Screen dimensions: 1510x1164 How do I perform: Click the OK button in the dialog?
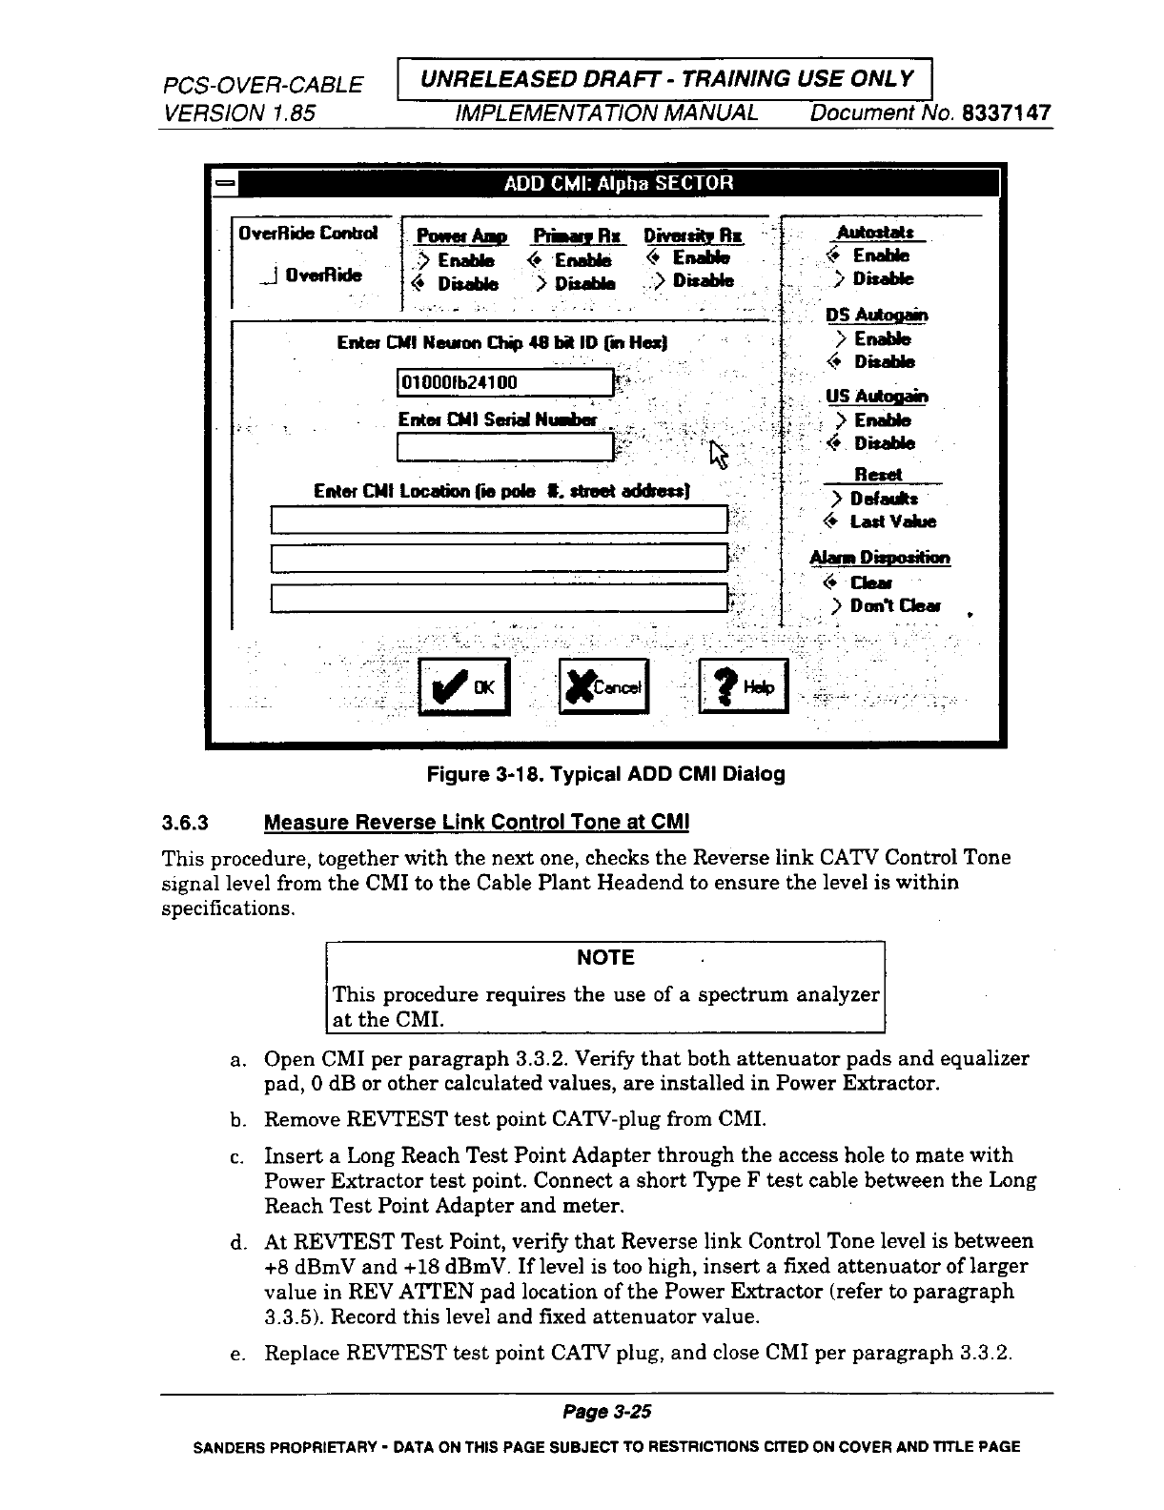(x=466, y=686)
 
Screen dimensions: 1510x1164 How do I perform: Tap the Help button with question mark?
(x=744, y=686)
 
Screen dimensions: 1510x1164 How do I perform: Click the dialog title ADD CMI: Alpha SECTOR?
(x=619, y=183)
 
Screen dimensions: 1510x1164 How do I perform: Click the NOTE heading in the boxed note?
(x=605, y=958)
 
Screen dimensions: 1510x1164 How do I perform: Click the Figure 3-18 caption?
(x=605, y=774)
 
